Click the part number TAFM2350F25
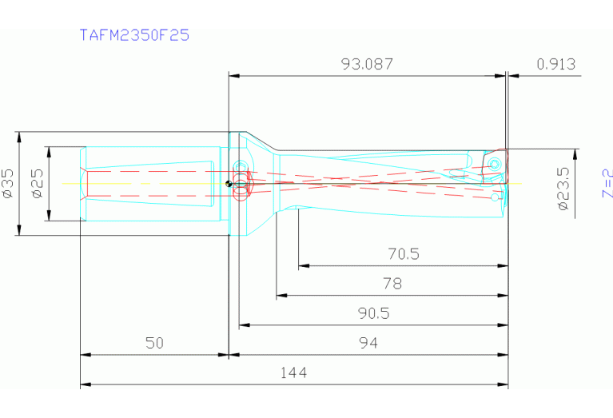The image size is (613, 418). pyautogui.click(x=134, y=35)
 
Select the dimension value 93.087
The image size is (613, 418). pyautogui.click(x=367, y=64)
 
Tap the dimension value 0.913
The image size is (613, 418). pyautogui.click(x=556, y=64)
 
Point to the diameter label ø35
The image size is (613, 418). pyautogui.click(x=9, y=183)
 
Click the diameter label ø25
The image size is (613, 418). pyautogui.click(x=37, y=183)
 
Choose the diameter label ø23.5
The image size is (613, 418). pyautogui.click(x=563, y=189)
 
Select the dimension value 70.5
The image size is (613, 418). pyautogui.click(x=403, y=255)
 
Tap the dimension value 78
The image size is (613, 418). pyautogui.click(x=392, y=283)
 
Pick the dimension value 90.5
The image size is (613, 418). pyautogui.click(x=373, y=313)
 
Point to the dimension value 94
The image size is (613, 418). pyautogui.click(x=368, y=343)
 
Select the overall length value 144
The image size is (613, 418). pyautogui.click(x=293, y=372)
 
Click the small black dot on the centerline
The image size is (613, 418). pyautogui.click(x=229, y=183)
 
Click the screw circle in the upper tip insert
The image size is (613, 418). pyautogui.click(x=496, y=164)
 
